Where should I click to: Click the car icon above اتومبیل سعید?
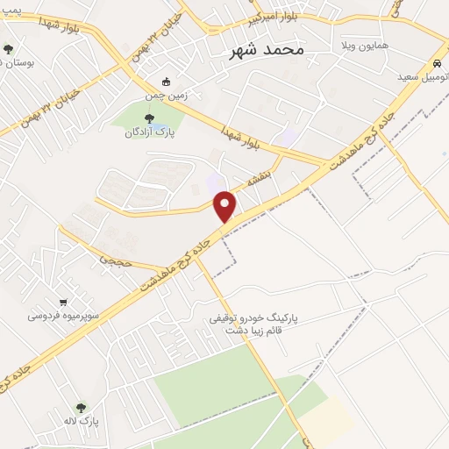(436, 64)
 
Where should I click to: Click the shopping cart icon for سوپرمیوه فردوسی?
(62, 301)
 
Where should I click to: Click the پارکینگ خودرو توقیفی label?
(260, 318)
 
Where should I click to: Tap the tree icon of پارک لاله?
(81, 408)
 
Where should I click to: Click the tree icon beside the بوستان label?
(9, 50)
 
